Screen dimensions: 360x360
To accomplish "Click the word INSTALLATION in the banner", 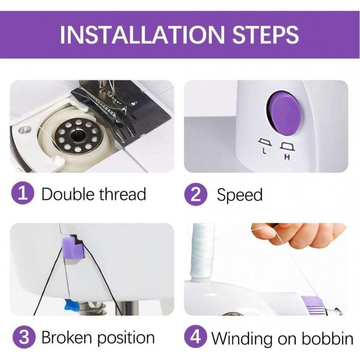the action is (x=142, y=35).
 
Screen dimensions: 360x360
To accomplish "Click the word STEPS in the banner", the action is (x=265, y=35).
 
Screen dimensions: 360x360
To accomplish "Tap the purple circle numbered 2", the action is (x=196, y=194).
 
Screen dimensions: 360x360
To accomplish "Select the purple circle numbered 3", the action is (x=24, y=337).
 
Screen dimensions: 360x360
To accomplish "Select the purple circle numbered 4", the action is (x=195, y=337).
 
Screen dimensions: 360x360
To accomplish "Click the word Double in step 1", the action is (x=68, y=194).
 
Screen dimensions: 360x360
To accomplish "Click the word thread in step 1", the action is (x=123, y=194).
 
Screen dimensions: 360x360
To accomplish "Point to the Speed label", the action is (x=239, y=195).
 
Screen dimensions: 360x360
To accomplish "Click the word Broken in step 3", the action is (x=67, y=337).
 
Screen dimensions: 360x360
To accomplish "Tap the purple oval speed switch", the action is (x=283, y=113).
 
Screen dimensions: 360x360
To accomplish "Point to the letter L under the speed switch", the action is (x=264, y=151).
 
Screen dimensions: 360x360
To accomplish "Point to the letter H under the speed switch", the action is (x=287, y=157).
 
